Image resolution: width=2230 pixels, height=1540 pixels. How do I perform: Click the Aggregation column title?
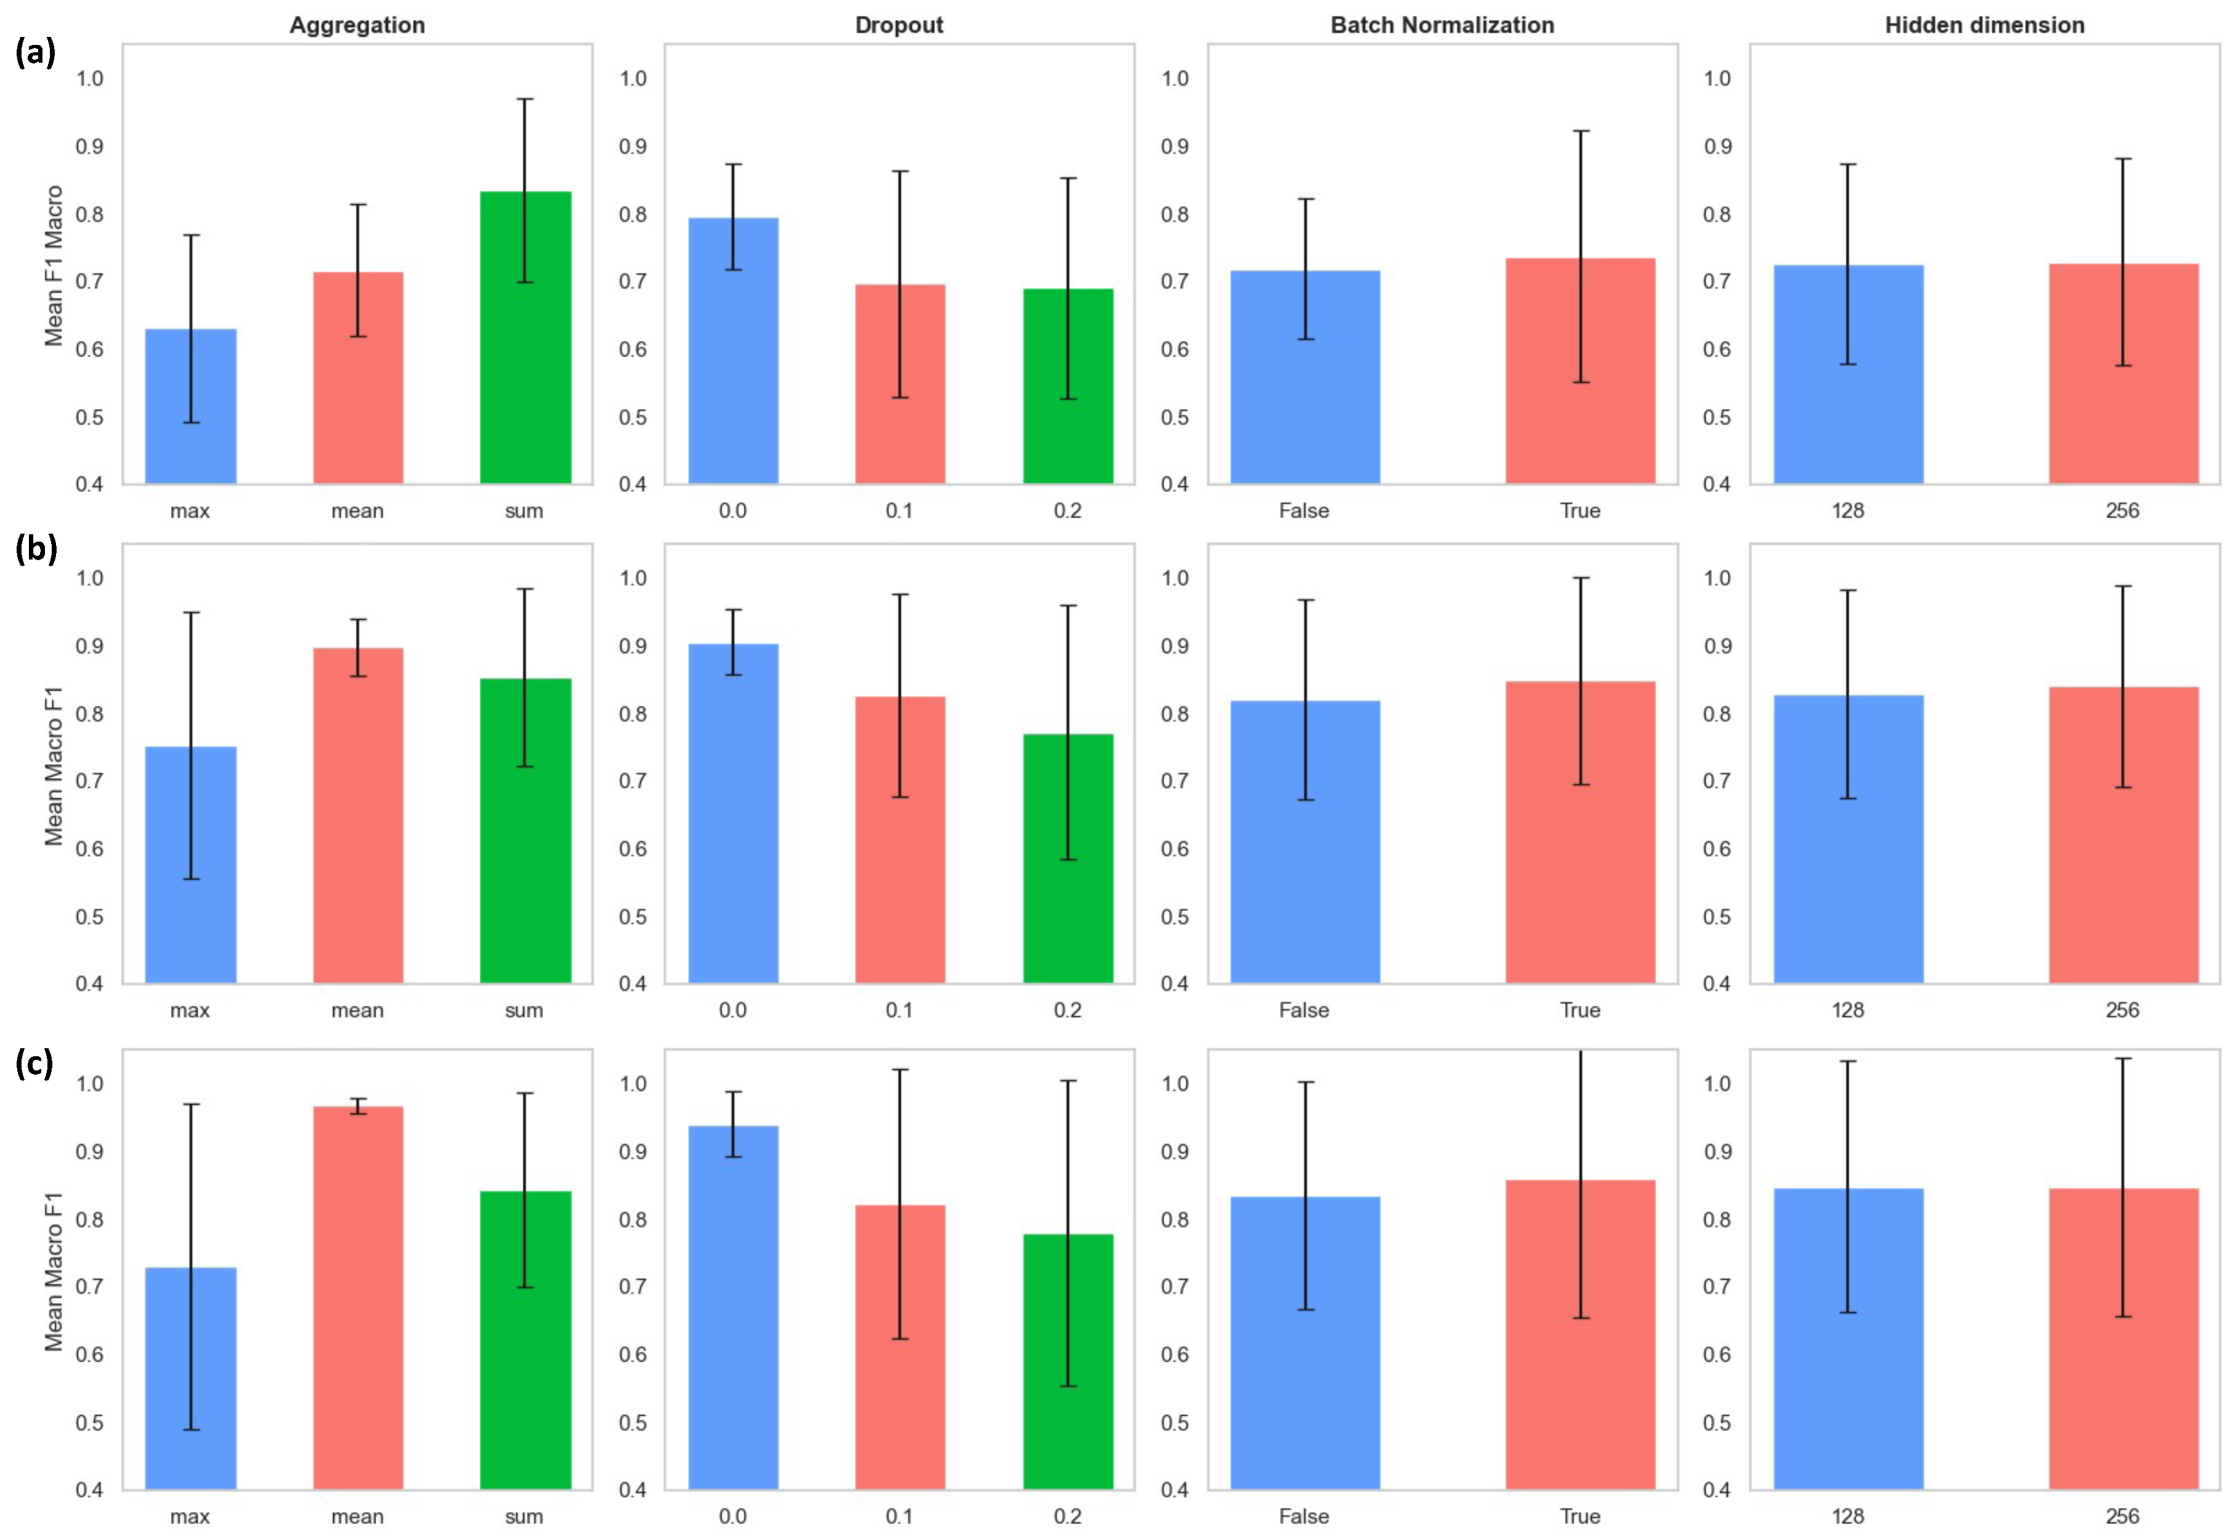(x=357, y=25)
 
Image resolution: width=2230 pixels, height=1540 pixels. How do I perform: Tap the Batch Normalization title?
(x=1442, y=25)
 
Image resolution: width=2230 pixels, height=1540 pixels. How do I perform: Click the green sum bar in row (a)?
(x=525, y=338)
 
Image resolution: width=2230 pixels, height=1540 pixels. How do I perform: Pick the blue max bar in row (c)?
(x=190, y=1378)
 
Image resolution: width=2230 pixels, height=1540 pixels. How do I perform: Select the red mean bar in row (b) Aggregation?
(x=358, y=816)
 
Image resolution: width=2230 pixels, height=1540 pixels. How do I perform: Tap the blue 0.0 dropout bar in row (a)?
(x=733, y=350)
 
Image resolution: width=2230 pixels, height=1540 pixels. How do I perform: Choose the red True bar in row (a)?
(x=1580, y=371)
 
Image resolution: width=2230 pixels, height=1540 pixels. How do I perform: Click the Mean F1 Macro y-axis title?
(x=54, y=265)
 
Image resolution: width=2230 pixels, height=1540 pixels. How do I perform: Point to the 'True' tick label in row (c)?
(x=1580, y=1516)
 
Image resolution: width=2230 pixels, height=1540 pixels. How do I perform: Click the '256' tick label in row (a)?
(x=2123, y=510)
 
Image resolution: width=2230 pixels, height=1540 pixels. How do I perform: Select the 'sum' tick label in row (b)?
(x=524, y=1010)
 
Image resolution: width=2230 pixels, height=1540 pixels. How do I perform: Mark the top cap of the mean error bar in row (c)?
(x=358, y=1098)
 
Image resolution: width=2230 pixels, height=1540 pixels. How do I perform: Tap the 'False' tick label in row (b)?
(x=1303, y=1010)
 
